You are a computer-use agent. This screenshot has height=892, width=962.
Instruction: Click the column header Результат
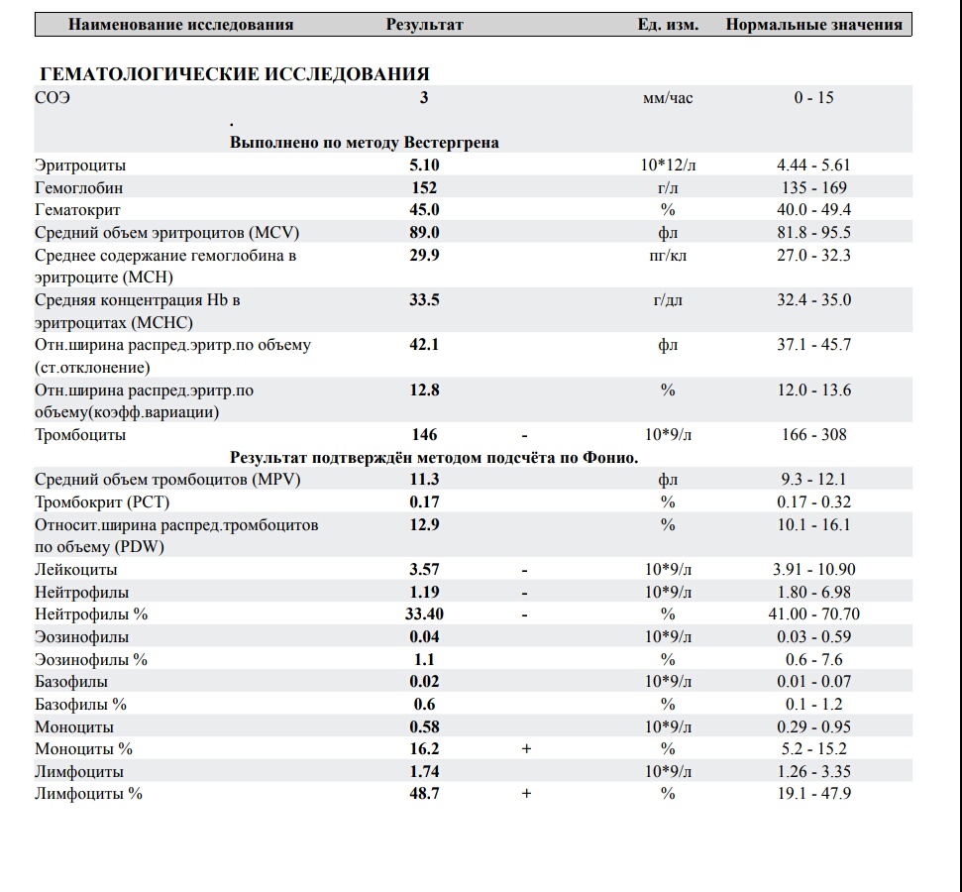click(424, 25)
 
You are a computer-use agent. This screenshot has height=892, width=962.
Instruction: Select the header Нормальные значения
click(813, 25)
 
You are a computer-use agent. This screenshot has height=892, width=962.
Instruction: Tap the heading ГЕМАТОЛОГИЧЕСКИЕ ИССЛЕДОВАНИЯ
click(234, 74)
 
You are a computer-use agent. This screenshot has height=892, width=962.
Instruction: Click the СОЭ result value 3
click(424, 98)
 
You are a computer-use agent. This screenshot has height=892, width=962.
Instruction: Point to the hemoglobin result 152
click(424, 187)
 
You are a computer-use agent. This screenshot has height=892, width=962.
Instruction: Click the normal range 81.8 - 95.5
click(813, 232)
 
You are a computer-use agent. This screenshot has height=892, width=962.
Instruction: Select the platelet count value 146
click(424, 434)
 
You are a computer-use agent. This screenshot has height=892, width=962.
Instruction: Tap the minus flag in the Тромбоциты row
click(525, 434)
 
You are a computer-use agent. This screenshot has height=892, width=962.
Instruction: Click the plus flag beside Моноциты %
click(526, 749)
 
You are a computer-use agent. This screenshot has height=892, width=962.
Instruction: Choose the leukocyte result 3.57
click(424, 569)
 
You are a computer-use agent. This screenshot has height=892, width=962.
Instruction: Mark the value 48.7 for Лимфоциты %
click(424, 794)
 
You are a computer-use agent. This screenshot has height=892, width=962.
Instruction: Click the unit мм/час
click(668, 98)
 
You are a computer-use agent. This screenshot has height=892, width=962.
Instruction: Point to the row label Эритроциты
click(80, 165)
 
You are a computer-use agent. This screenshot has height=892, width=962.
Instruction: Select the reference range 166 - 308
click(813, 434)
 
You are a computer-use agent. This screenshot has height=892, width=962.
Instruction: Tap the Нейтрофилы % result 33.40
click(424, 613)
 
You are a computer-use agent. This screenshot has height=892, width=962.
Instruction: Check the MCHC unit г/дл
click(668, 299)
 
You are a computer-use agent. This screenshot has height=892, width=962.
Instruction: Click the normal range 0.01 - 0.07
click(813, 681)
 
